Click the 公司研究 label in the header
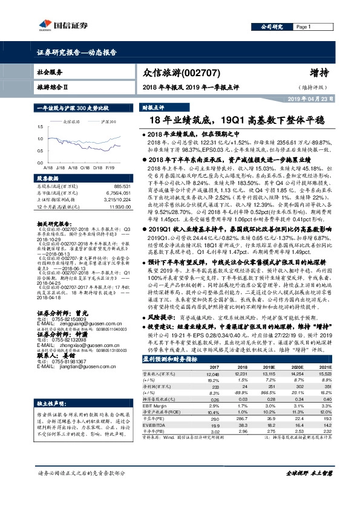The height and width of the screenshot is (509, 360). click(272, 27)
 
